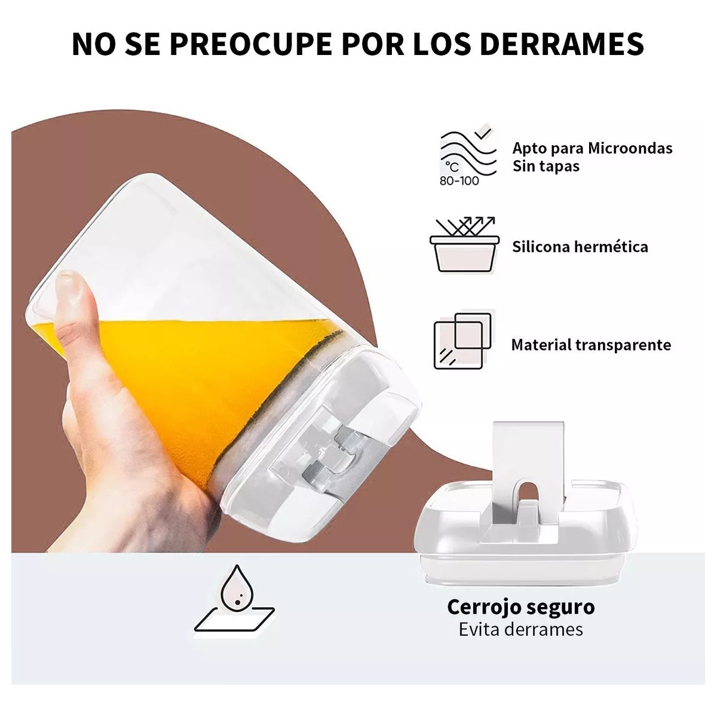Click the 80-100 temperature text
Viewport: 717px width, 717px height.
(x=459, y=180)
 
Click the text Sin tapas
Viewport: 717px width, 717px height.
(x=546, y=166)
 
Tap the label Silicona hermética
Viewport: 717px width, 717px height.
(x=580, y=247)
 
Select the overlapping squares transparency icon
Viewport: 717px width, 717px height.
(x=463, y=341)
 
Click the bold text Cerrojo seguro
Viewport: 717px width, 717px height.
(x=521, y=607)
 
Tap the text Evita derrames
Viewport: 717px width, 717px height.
(x=521, y=629)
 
